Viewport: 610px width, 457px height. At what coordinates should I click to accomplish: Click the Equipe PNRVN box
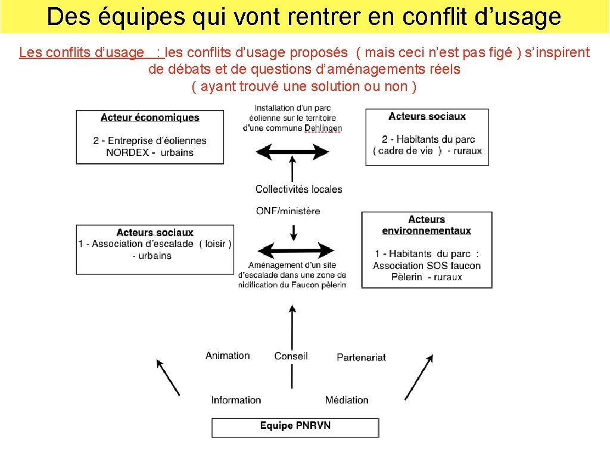(295, 427)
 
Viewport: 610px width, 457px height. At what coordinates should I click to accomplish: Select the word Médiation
(347, 400)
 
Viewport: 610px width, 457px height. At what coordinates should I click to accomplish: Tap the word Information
(236, 400)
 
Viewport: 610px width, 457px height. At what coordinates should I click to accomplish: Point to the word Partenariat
(361, 357)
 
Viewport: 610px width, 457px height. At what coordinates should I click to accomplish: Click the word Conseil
(291, 356)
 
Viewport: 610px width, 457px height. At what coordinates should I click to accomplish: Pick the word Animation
(228, 355)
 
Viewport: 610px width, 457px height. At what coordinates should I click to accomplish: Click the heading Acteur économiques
(150, 117)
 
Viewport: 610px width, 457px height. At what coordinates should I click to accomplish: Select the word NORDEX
(127, 152)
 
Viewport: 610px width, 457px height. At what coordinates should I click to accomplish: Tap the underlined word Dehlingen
(323, 128)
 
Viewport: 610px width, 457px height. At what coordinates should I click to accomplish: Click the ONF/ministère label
(288, 211)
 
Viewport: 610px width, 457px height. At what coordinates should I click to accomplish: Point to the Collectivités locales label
(299, 189)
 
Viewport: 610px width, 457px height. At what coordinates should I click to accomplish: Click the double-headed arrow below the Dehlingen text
(292, 152)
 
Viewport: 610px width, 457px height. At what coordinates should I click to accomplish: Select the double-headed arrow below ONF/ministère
(292, 251)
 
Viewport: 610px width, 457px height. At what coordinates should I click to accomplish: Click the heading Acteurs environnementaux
(427, 225)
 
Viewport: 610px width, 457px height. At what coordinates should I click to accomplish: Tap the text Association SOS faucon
(427, 265)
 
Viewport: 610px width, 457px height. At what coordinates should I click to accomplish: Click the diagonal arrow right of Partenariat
(419, 377)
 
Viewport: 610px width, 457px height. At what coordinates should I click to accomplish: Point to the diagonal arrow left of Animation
(167, 377)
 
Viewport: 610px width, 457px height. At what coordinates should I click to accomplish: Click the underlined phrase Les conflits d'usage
(82, 52)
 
